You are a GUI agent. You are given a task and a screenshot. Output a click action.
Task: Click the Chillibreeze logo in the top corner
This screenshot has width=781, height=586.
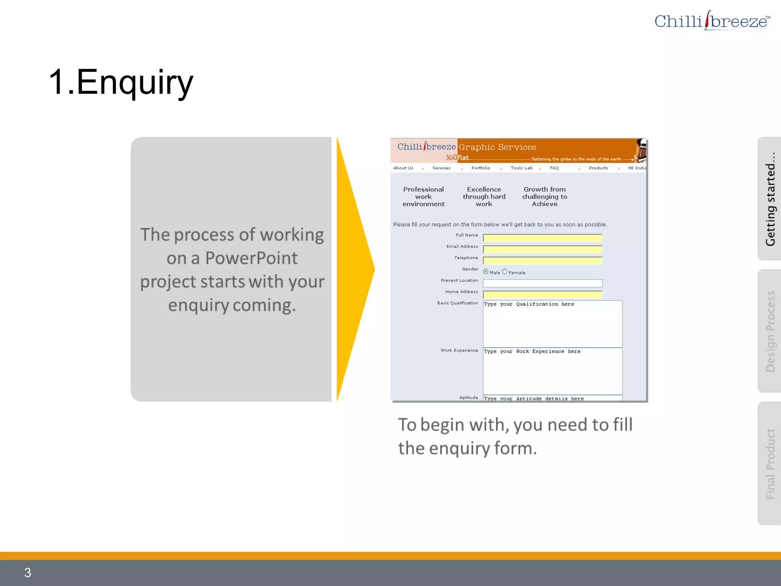(x=712, y=21)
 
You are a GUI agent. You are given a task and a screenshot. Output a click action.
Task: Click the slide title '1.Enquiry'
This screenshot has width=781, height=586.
(x=121, y=82)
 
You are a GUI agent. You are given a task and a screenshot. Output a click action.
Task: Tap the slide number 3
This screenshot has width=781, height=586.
(x=27, y=572)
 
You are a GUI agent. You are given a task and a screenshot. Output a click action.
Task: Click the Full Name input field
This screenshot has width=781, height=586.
(x=542, y=238)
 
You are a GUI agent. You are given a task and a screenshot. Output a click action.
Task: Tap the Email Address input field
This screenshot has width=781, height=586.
(x=542, y=250)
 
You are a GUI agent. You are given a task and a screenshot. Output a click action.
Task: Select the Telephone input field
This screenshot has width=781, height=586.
(x=542, y=261)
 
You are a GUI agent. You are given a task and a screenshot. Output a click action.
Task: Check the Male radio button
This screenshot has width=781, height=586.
(x=485, y=272)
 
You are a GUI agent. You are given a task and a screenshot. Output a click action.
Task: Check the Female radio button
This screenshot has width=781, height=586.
(x=505, y=272)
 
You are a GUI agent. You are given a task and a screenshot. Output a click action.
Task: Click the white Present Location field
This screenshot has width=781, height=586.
(x=542, y=283)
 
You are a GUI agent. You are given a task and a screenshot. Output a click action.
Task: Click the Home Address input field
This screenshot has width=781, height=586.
(x=542, y=295)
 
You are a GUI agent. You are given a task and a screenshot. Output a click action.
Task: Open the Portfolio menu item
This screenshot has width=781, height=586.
(x=480, y=168)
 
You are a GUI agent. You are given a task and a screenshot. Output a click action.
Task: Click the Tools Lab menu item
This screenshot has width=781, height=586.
(x=521, y=168)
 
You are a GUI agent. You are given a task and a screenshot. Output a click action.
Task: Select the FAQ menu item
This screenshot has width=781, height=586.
(x=554, y=168)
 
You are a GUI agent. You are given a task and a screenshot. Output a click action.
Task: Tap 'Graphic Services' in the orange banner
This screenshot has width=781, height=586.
(x=497, y=147)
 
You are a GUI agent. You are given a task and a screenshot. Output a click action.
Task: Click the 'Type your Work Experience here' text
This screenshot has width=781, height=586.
(x=532, y=351)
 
